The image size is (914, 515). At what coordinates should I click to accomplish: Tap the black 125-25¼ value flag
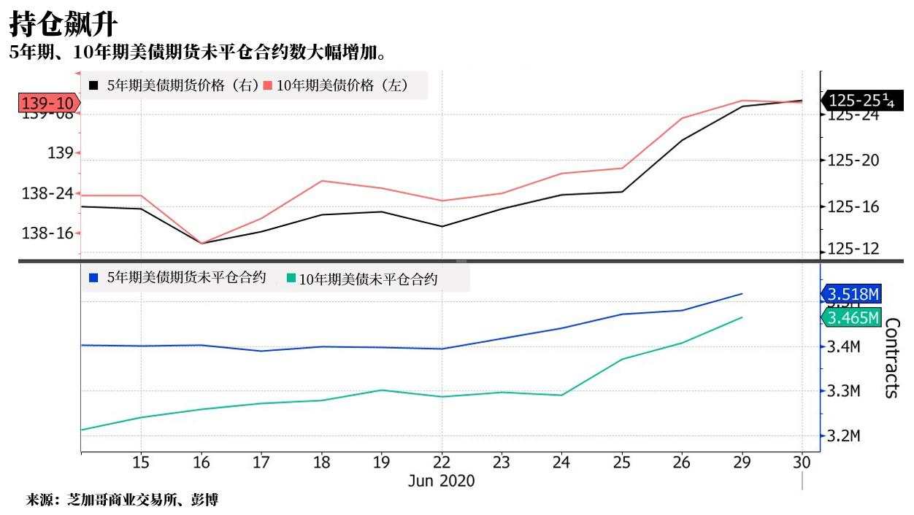[861, 101]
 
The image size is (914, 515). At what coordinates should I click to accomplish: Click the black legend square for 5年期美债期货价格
[93, 85]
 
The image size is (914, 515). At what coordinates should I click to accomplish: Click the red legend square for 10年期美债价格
[268, 85]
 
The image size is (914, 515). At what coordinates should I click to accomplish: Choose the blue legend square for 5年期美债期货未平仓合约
[93, 278]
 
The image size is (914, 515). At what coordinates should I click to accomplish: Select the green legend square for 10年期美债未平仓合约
[291, 279]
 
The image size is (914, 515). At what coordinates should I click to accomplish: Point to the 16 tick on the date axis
[201, 462]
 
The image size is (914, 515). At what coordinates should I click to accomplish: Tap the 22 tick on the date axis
[441, 462]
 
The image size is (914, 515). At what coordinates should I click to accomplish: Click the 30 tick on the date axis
[802, 462]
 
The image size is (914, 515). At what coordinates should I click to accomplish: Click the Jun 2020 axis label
[441, 481]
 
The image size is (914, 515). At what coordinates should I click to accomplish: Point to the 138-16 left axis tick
[48, 233]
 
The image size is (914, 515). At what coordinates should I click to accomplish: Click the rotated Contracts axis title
[892, 357]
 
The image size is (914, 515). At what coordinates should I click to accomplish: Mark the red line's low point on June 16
[201, 243]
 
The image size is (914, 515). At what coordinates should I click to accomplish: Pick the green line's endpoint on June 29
[742, 317]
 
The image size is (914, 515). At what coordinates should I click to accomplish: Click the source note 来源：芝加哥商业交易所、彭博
[122, 500]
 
